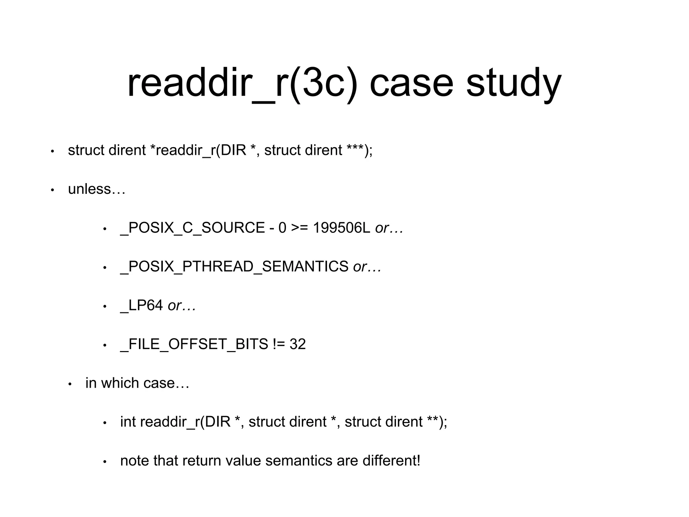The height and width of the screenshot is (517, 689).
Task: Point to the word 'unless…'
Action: tap(97, 189)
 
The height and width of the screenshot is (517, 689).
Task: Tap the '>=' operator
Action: tap(299, 228)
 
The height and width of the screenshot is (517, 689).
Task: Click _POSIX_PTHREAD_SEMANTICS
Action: tap(234, 267)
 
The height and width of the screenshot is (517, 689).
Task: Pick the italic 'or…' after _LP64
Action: tap(182, 306)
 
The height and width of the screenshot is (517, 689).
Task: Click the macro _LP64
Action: tap(141, 306)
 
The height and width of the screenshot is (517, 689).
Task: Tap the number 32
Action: tap(298, 344)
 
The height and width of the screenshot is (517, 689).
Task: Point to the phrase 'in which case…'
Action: tap(137, 383)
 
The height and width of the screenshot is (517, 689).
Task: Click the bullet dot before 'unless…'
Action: tap(52, 190)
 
